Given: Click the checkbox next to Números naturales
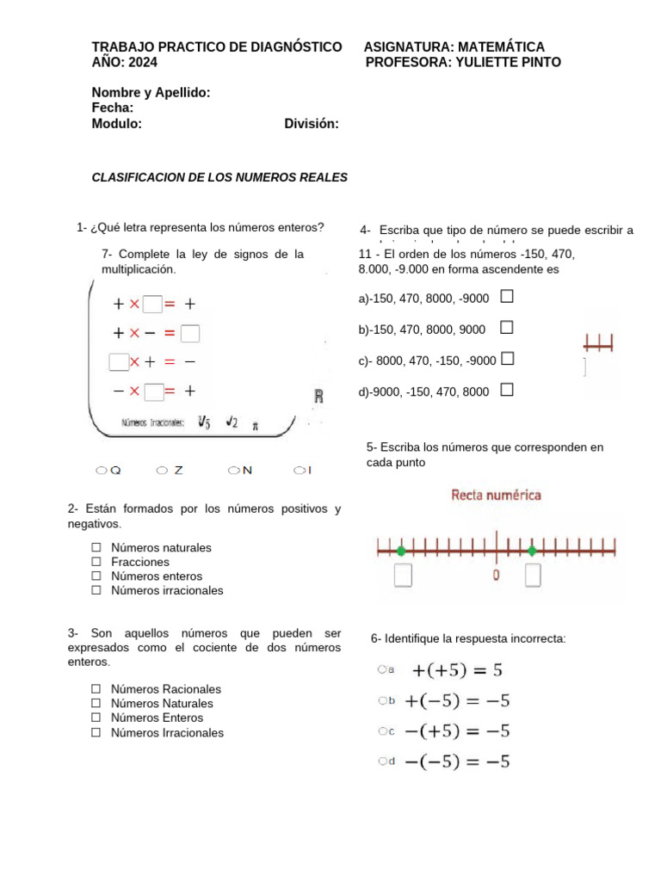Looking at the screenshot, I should (x=96, y=547).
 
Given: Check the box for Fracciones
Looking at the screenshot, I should (x=96, y=562).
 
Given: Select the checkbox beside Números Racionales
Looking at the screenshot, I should (x=96, y=689).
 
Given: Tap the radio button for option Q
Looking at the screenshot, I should (x=101, y=471).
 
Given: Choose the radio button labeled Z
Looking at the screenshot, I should (x=162, y=471).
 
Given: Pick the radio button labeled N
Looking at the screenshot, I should (x=232, y=471).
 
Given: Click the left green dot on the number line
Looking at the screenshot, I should (x=401, y=551).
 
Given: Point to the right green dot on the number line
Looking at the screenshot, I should (x=532, y=551).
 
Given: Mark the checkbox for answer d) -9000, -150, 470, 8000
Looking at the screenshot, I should (x=507, y=391).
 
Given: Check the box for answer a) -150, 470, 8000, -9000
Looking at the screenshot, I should (x=507, y=297).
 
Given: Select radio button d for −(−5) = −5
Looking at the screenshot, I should (x=381, y=761).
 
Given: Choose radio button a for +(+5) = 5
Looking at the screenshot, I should (x=381, y=669).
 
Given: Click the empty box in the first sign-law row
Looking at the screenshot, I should (x=153, y=304).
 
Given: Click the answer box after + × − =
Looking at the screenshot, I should (x=190, y=333).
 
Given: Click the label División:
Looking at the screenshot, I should (x=311, y=124).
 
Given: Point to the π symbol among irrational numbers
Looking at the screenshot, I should (x=255, y=424).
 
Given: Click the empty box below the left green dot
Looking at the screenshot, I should (x=402, y=575).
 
